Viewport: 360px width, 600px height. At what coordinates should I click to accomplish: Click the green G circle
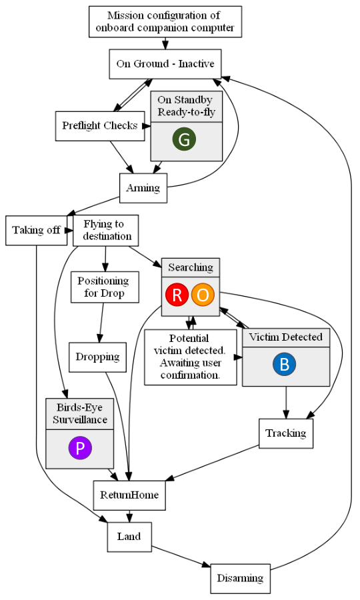click(184, 139)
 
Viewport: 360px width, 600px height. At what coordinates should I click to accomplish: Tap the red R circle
click(177, 295)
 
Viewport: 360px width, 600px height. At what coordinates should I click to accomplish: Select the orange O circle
click(203, 295)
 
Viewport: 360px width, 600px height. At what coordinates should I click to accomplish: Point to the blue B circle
click(284, 364)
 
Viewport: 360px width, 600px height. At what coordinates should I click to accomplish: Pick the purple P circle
click(80, 448)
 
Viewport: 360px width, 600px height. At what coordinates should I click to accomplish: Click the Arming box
click(143, 188)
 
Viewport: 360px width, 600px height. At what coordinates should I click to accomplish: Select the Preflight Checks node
click(100, 126)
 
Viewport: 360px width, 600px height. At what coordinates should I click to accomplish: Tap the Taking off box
click(37, 231)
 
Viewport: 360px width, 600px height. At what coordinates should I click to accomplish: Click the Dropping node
click(97, 357)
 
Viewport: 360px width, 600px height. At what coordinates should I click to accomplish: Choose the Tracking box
click(286, 433)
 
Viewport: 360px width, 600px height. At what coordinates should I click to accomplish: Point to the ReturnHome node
click(129, 495)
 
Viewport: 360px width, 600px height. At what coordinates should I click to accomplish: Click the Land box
click(129, 537)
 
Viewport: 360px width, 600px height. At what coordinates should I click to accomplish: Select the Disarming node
click(240, 578)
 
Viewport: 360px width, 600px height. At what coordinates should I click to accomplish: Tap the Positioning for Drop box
click(105, 287)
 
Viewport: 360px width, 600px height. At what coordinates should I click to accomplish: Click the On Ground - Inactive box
click(165, 64)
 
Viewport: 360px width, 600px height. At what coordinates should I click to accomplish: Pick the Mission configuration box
click(165, 21)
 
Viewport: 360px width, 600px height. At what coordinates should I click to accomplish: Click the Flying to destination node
click(105, 231)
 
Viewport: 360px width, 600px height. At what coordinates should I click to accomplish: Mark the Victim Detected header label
click(286, 337)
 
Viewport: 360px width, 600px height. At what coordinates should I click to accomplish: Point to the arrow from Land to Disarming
click(181, 556)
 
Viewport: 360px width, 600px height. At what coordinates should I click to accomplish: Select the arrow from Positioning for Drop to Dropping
click(101, 323)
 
